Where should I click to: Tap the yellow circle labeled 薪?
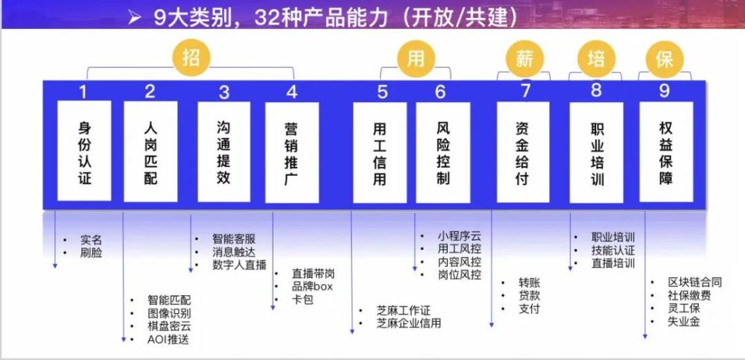tap(525, 60)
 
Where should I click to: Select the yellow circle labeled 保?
tap(665, 60)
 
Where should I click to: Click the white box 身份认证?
tap(84, 151)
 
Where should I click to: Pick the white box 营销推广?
tap(292, 153)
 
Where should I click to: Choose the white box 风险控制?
tap(443, 153)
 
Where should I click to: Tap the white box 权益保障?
tap(666, 152)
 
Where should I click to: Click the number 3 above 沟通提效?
tap(224, 92)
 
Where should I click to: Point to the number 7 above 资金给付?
tap(525, 90)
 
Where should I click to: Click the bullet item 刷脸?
tap(91, 253)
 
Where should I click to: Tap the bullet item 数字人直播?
tap(239, 265)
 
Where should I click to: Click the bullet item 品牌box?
tap(312, 287)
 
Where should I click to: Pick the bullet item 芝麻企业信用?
tap(408, 323)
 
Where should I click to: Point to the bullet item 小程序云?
tap(460, 236)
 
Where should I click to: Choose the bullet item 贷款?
tap(529, 295)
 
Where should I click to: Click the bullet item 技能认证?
tap(613, 250)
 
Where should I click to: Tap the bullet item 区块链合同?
tap(694, 282)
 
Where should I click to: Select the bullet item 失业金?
tap(684, 322)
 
